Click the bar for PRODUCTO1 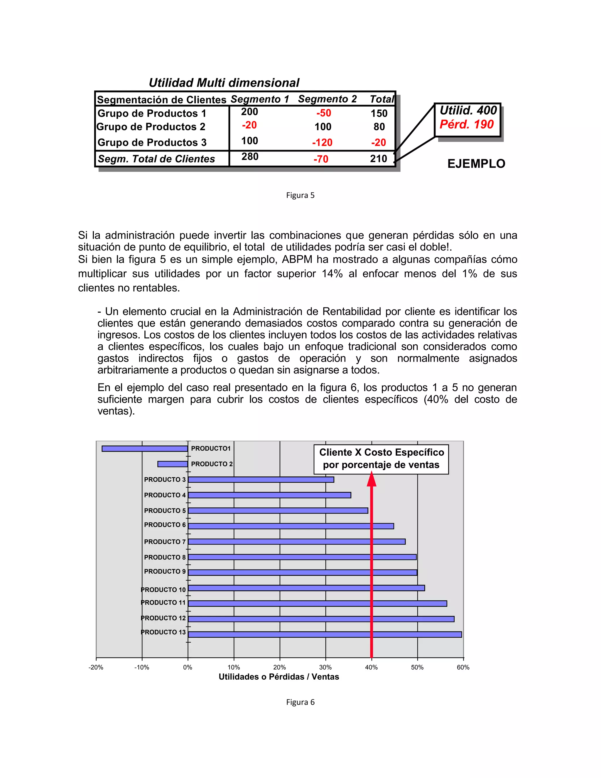point(145,449)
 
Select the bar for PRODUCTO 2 point(172,464)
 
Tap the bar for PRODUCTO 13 point(325,634)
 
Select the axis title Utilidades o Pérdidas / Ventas point(279,677)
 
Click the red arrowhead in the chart point(371,479)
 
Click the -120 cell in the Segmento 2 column point(322,142)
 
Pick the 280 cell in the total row point(250,156)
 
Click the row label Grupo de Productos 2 point(151,127)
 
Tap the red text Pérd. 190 point(466,124)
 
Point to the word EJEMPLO point(476,164)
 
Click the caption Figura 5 point(300,195)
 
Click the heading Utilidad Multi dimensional point(224,83)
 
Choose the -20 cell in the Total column point(379,142)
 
